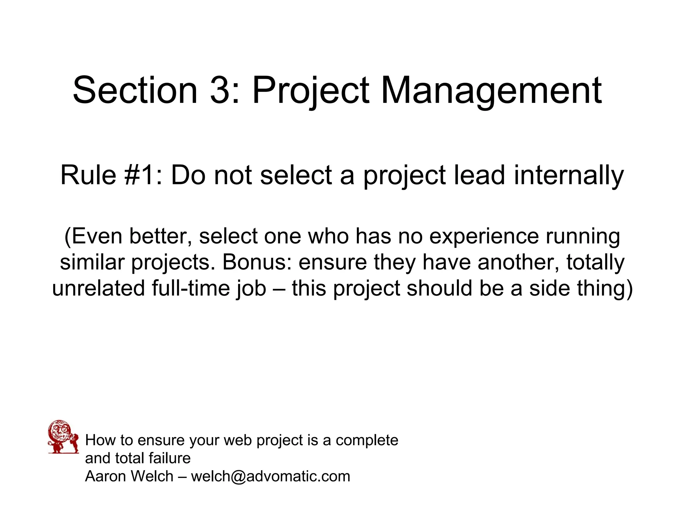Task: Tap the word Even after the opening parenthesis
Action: [x=97, y=236]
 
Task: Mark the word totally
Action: [x=595, y=263]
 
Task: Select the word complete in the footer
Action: [x=367, y=440]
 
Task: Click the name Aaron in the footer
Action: [x=106, y=476]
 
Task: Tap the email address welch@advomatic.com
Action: [x=270, y=476]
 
